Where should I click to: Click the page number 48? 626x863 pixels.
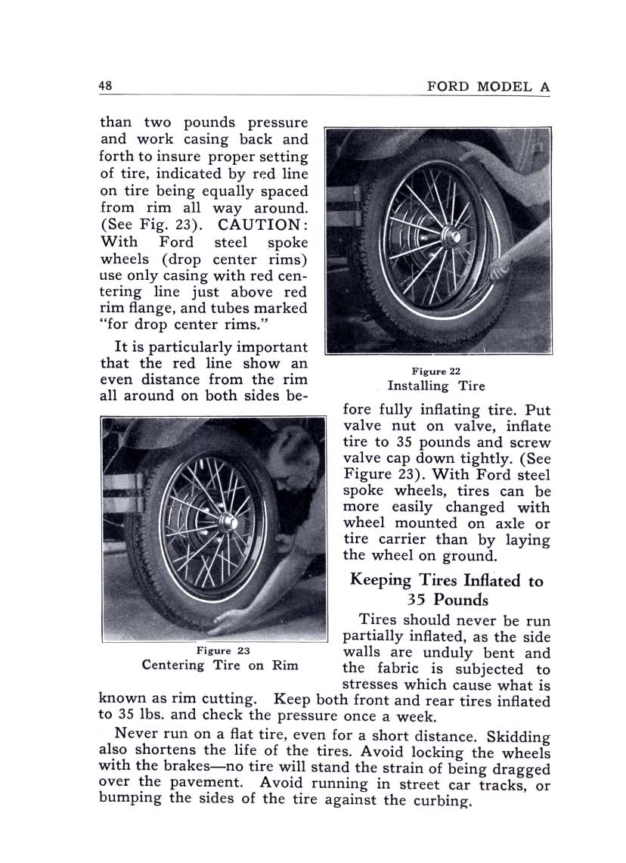coord(105,85)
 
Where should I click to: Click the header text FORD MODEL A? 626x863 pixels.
coord(488,86)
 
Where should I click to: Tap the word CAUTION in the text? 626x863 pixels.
coord(262,225)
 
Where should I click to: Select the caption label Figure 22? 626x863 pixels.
coord(435,371)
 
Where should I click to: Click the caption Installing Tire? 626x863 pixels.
coord(436,386)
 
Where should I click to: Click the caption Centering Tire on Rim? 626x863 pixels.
coord(220,666)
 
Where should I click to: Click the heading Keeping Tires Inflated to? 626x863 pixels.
coord(446,581)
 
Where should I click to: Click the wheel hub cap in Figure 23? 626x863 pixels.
coord(227,521)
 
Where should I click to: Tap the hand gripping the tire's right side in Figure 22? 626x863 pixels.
coord(502,265)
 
